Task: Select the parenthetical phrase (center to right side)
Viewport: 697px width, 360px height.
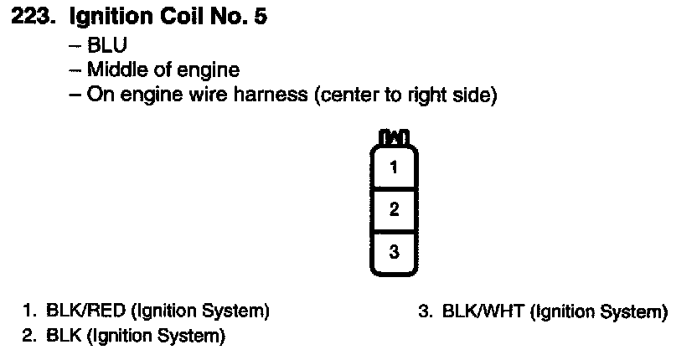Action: pos(406,95)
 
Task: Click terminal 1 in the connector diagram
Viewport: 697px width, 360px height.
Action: pos(394,167)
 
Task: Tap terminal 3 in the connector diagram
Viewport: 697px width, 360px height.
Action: pos(394,252)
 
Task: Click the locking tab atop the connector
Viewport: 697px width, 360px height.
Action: pos(394,136)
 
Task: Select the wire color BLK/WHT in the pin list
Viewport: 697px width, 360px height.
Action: pos(483,313)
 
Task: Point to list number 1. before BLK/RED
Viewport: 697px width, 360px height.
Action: pos(30,312)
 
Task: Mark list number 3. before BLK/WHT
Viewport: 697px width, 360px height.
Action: pos(425,313)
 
